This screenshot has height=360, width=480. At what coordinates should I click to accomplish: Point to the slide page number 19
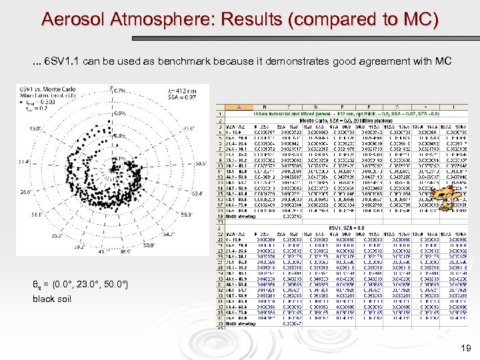pyautogui.click(x=465, y=347)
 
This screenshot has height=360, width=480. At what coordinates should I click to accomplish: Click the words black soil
pyautogui.click(x=52, y=299)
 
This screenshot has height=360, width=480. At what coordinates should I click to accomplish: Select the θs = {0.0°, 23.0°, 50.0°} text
pyautogui.click(x=80, y=285)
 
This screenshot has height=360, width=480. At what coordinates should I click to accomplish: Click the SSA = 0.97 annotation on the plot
pyautogui.click(x=182, y=98)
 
